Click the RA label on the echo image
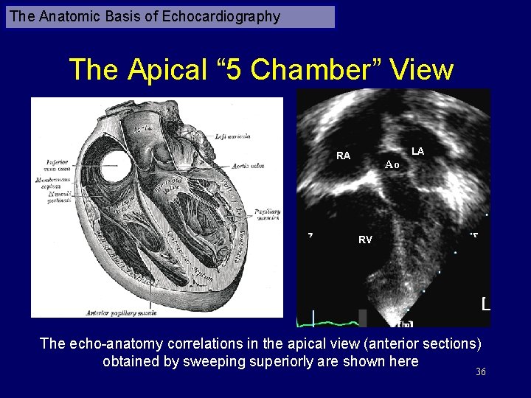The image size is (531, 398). [x=343, y=156]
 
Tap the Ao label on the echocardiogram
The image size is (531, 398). [x=392, y=165]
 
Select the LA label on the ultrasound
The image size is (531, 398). [x=418, y=151]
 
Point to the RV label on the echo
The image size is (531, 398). [x=365, y=240]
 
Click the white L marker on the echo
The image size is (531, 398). [x=485, y=304]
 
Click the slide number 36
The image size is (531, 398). [x=481, y=372]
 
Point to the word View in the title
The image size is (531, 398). [x=422, y=70]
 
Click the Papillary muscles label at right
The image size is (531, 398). [x=268, y=214]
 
